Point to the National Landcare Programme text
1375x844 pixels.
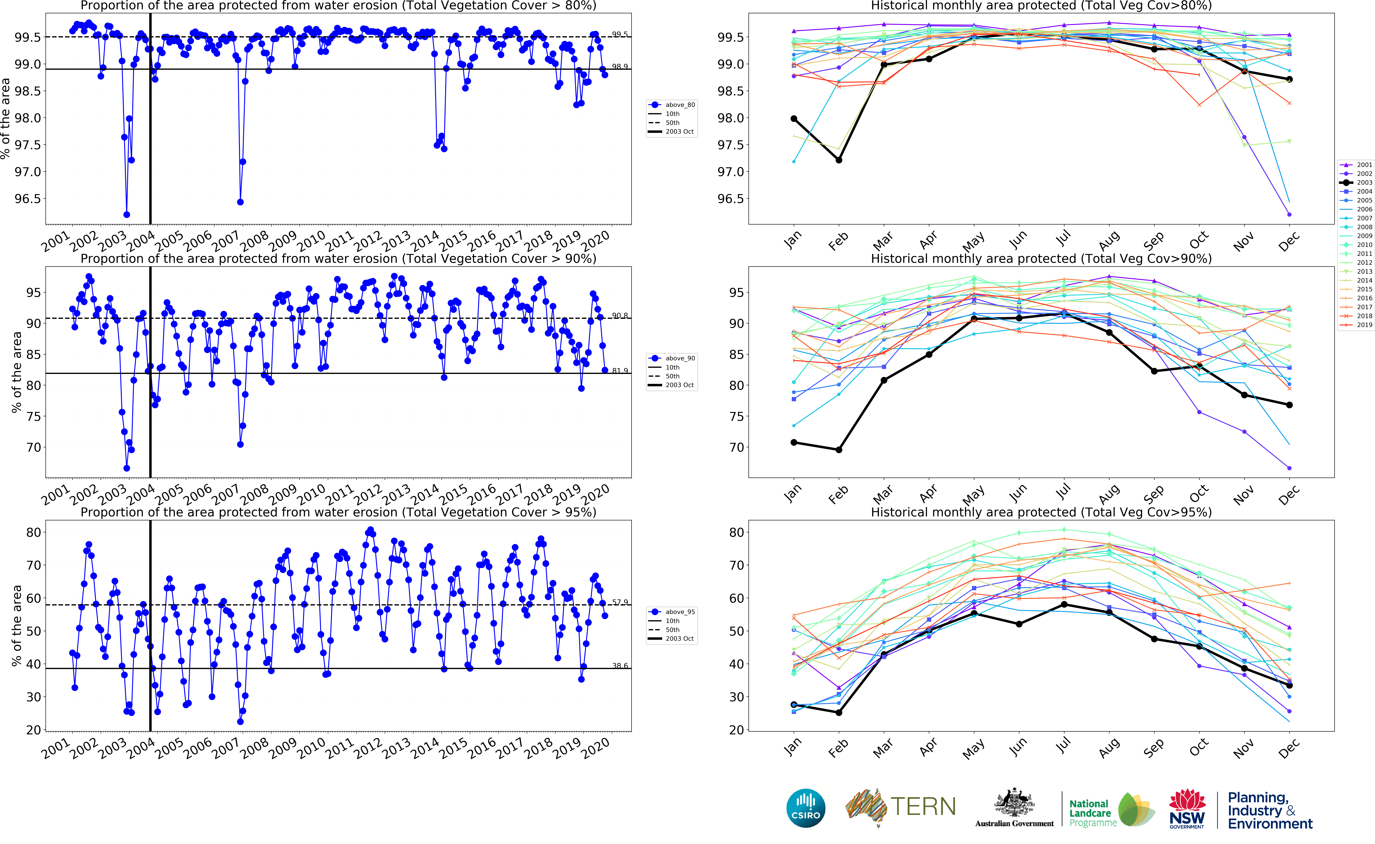coord(1092,813)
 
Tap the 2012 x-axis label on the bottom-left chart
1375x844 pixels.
coord(368,747)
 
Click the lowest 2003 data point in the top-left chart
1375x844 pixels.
coord(127,214)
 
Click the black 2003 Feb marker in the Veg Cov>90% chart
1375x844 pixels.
coord(839,450)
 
